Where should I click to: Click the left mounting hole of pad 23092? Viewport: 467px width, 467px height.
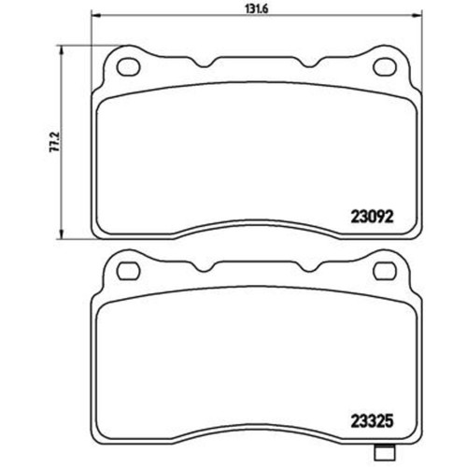(125, 66)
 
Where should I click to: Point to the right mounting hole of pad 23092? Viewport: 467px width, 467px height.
(383, 66)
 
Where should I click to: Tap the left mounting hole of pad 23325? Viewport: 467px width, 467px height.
(125, 273)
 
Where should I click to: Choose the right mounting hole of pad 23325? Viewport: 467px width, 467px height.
(383, 273)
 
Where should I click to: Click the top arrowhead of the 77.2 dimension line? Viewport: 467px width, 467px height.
(64, 48)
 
